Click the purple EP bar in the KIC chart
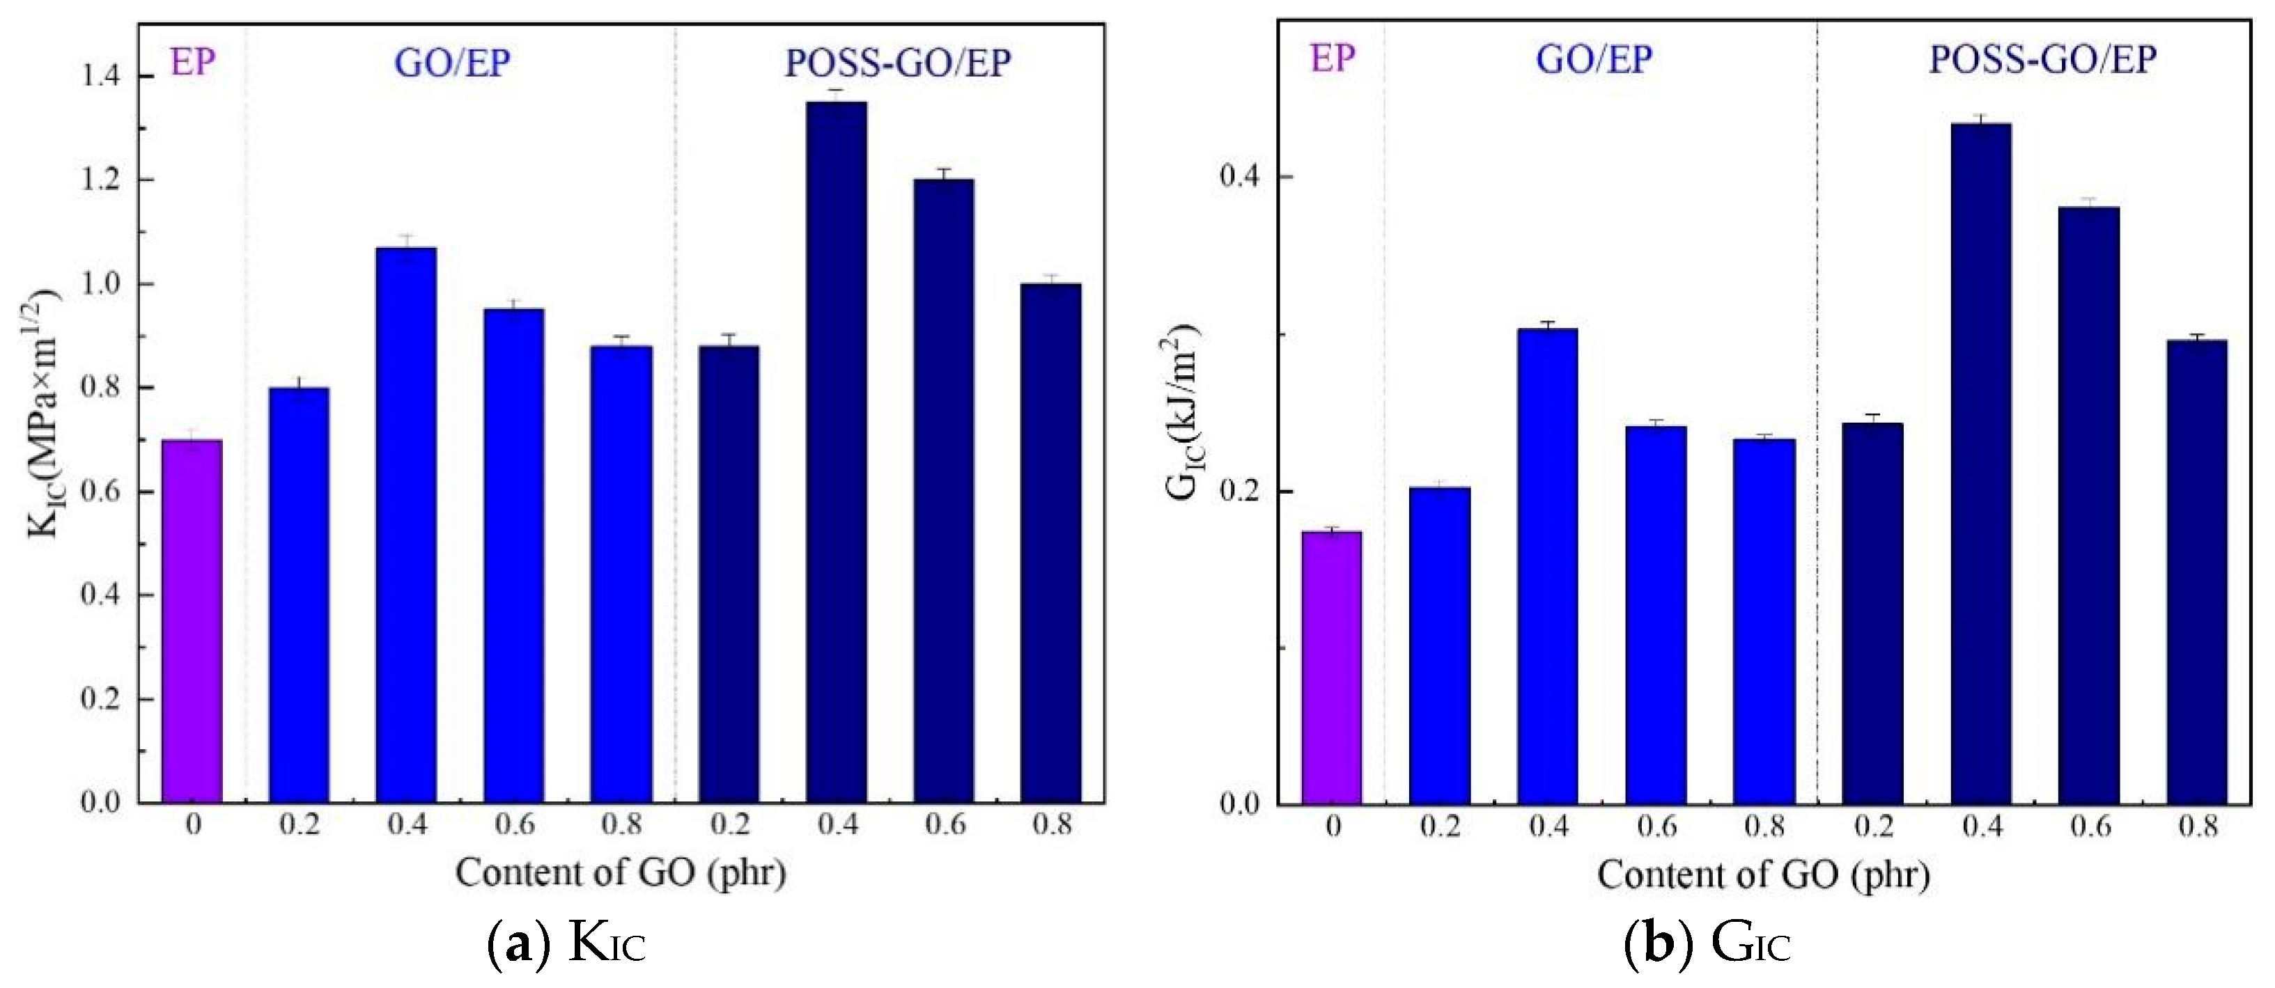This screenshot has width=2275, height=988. coord(192,620)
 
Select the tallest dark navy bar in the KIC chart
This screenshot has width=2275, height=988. coord(835,452)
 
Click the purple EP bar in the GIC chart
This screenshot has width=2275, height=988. coord(1332,668)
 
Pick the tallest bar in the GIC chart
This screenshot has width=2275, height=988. coord(1981,464)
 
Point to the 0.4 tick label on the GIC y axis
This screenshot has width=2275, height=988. coord(1243,178)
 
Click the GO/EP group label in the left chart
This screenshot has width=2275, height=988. coord(452,63)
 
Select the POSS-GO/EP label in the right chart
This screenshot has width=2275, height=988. coord(2042,60)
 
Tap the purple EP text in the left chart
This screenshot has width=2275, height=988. coord(192,63)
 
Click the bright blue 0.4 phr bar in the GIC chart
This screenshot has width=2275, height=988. coord(1547,566)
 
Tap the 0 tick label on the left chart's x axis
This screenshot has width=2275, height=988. coord(194,826)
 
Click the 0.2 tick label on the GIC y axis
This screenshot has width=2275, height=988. coord(1243,492)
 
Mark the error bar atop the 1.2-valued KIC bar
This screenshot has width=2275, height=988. coord(944,172)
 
